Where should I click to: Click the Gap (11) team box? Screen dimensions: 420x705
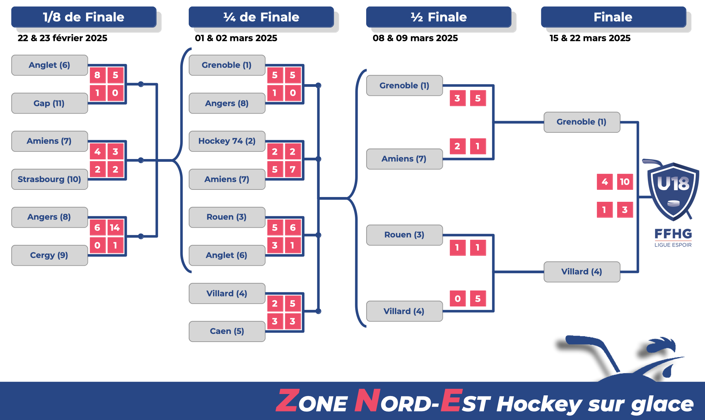[x=50, y=103]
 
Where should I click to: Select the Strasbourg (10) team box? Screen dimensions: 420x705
[x=50, y=179]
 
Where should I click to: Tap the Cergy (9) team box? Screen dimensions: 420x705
[x=50, y=255]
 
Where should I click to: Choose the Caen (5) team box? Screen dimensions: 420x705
[x=227, y=331]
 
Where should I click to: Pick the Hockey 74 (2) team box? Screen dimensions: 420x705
[x=227, y=141]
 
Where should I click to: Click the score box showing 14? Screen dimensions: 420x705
[x=115, y=227]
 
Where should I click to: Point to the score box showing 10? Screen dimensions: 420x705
[x=625, y=182]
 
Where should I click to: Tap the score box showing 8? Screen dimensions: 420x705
[x=97, y=75]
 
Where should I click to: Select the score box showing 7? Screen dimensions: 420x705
[x=293, y=169]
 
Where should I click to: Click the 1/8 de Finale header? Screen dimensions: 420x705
[x=84, y=17]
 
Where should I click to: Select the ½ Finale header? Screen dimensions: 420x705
[x=439, y=17]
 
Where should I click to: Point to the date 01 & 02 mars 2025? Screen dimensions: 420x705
[x=236, y=38]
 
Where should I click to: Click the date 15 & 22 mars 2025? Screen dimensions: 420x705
[x=590, y=38]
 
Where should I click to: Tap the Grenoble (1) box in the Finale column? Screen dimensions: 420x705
[x=582, y=122]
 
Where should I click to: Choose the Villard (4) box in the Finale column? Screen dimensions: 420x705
[x=582, y=272]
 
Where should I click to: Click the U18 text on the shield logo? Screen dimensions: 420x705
[x=673, y=184]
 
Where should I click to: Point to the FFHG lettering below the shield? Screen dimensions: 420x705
[x=673, y=234]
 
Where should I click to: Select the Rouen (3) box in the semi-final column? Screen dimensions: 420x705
[x=404, y=235]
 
